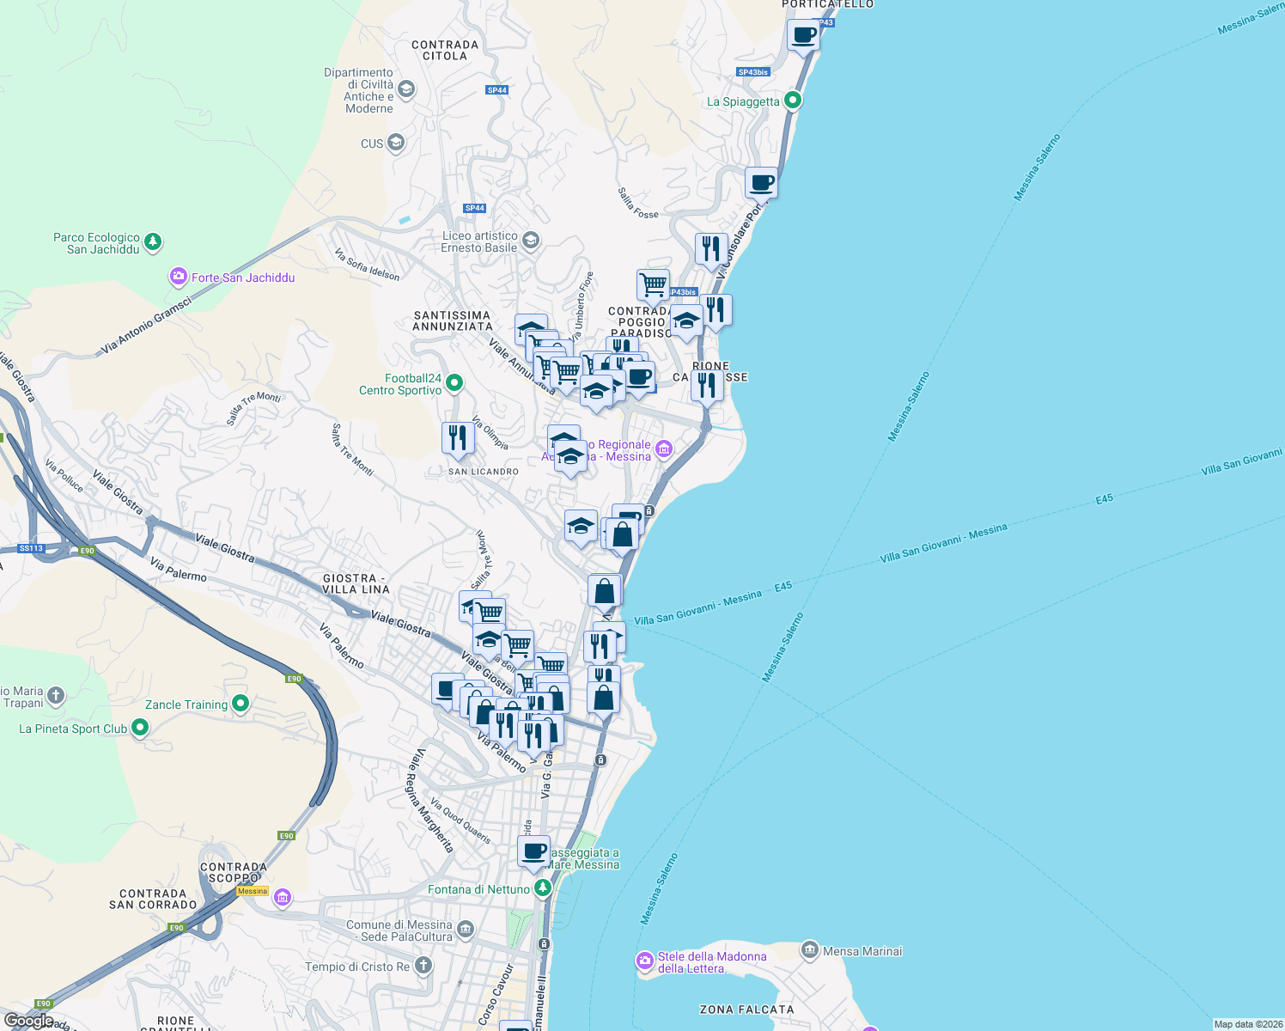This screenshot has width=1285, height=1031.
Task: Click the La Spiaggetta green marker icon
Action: (793, 101)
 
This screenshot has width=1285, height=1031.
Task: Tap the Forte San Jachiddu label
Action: (243, 278)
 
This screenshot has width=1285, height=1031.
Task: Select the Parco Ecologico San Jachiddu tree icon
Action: (153, 242)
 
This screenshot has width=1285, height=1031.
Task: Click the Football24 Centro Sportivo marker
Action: (455, 382)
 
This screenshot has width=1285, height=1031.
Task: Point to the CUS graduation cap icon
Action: (396, 143)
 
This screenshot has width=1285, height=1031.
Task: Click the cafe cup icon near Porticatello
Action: (804, 35)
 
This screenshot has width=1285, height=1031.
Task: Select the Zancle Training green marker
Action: (241, 704)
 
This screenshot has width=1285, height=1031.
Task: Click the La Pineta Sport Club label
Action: (73, 729)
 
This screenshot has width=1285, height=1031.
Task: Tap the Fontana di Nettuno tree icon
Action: (542, 888)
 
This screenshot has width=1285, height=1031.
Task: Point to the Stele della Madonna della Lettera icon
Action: (645, 961)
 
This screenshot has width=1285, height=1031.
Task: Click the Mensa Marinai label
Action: (862, 951)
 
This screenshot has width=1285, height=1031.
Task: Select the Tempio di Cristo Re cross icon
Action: (423, 966)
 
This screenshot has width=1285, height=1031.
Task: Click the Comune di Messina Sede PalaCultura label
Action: (399, 930)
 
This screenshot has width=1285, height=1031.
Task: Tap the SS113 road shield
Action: (31, 548)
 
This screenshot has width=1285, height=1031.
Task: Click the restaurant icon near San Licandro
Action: (458, 438)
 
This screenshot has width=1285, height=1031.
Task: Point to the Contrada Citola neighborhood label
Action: (445, 50)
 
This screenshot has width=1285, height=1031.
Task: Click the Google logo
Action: (28, 1021)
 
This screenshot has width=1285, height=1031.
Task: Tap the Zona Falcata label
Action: (746, 1010)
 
